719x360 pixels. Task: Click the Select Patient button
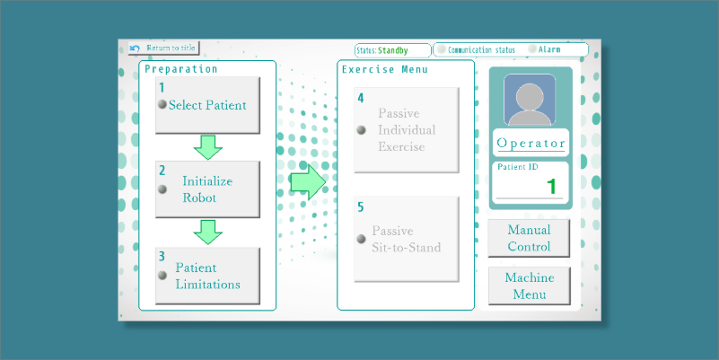coord(207,105)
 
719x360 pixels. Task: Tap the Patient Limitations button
coord(207,276)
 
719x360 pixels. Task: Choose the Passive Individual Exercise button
coord(407,129)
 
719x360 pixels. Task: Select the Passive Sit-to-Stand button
coord(407,239)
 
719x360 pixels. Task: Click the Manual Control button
coord(529,238)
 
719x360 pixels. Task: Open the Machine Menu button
coord(529,285)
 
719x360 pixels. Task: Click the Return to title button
coord(163,48)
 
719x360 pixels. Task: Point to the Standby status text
coord(393,50)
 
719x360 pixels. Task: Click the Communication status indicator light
coord(442,49)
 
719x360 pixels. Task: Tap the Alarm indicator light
coord(532,49)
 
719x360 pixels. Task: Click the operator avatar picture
coord(530,100)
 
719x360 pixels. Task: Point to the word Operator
coord(530,144)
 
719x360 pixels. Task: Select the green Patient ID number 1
coord(552,186)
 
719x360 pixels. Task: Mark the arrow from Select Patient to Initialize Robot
coord(208,147)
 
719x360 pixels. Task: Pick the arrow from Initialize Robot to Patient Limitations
coord(208,232)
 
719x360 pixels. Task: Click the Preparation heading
coord(182,69)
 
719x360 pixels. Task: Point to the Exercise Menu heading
coord(385,69)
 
